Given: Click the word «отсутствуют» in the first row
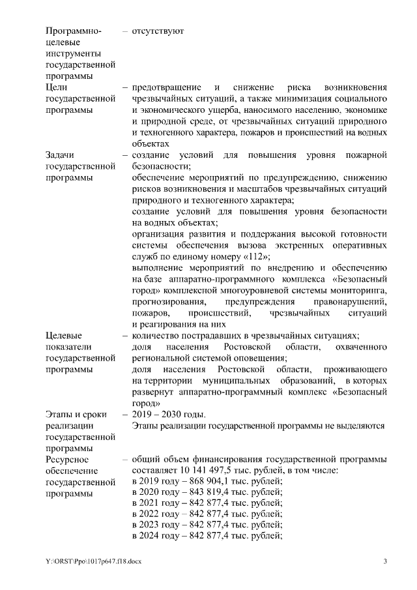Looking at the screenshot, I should (158, 31).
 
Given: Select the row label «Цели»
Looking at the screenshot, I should (57, 87).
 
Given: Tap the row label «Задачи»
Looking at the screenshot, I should (61, 155).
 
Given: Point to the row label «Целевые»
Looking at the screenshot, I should (64, 335).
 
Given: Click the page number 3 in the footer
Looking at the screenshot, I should (384, 561).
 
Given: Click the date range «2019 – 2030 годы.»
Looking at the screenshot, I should (169, 414).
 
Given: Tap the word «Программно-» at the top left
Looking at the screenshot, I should (72, 31).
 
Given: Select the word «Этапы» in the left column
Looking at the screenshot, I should (61, 414).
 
